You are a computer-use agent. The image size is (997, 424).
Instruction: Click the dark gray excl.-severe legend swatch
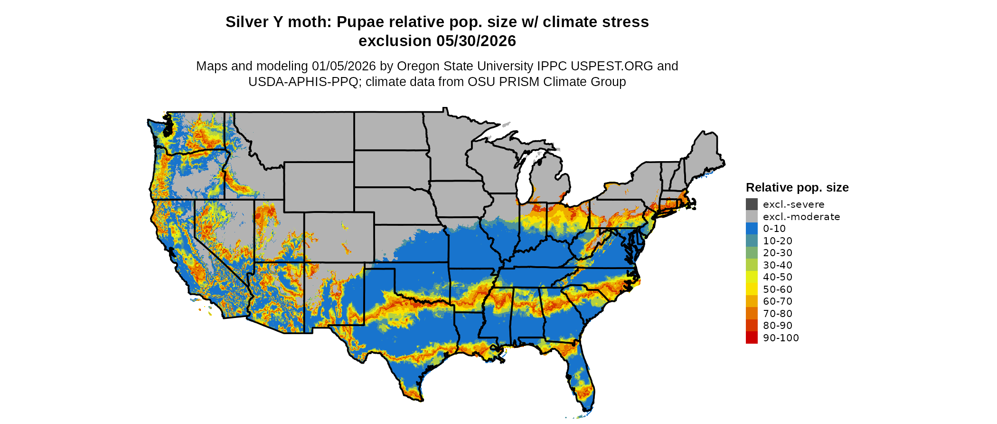tap(752, 204)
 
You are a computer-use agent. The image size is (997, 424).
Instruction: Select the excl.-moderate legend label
tap(801, 217)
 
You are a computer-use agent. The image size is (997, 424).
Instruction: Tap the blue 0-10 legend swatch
tap(752, 229)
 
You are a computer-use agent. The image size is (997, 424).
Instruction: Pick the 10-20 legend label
tap(778, 241)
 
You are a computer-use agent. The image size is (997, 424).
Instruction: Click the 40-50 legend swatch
tap(752, 277)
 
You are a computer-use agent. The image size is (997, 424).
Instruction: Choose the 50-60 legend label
tap(778, 289)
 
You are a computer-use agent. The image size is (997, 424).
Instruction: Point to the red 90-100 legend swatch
tap(752, 338)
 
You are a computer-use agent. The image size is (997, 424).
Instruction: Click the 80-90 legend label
tap(778, 326)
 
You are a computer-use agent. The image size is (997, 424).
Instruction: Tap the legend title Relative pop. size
tap(797, 187)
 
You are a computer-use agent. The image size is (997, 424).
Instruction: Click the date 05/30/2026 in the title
tap(476, 41)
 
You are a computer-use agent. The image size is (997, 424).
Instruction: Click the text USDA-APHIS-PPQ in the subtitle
tap(303, 82)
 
